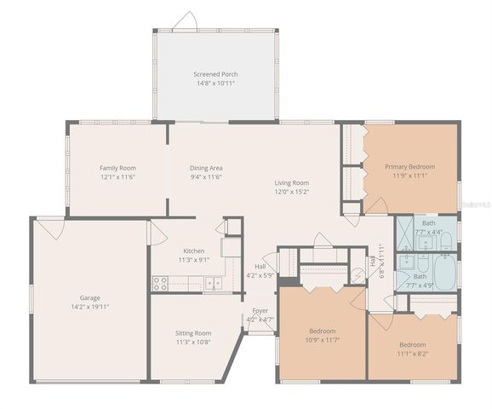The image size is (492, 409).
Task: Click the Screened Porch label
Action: (x=215, y=75)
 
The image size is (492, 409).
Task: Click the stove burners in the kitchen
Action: (x=159, y=282)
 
